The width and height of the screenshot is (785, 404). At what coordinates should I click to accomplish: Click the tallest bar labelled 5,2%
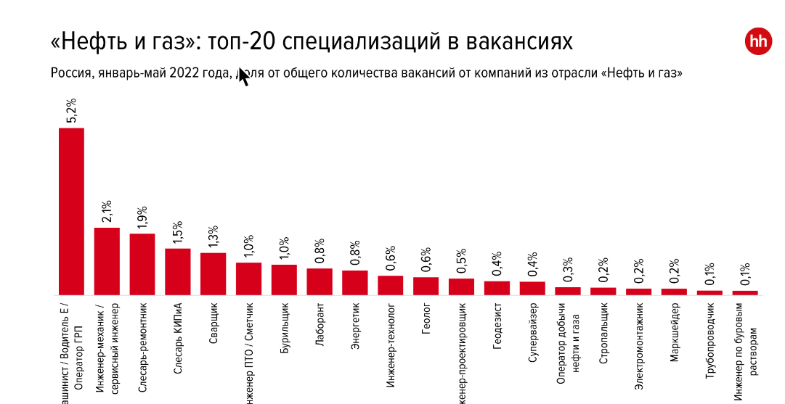point(71,211)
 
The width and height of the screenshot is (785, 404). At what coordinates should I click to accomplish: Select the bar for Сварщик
point(213,274)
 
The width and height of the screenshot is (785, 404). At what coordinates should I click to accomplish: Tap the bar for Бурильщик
point(284,280)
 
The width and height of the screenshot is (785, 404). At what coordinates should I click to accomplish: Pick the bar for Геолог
point(426,286)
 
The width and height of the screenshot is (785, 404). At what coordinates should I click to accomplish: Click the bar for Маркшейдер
point(674,292)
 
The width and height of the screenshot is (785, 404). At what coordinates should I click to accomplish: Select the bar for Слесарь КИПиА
point(178,272)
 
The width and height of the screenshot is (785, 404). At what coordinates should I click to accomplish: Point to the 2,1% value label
point(107,211)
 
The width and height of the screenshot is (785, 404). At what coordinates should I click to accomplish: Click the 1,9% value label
point(142,218)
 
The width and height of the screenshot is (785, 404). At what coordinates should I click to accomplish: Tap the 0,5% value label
point(461,262)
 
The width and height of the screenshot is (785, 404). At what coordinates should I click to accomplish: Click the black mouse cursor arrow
point(243,77)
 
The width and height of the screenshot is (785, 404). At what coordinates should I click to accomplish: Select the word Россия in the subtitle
point(69,73)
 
